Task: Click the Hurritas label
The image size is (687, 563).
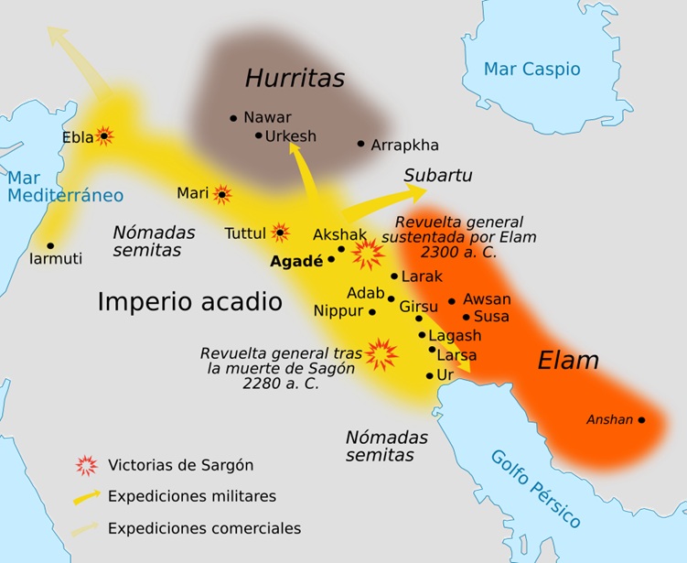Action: coord(295,79)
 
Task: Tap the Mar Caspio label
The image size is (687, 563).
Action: coord(531,69)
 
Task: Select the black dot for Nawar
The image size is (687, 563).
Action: coord(234,118)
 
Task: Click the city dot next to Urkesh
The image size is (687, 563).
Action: coord(258,135)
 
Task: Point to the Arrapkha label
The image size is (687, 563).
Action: coord(404,145)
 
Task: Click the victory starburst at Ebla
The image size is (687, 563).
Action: coord(104,136)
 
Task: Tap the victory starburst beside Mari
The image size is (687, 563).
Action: coord(221,194)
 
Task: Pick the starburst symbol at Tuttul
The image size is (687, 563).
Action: coord(280,233)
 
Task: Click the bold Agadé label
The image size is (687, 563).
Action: coord(296,260)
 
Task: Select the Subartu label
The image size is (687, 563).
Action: coord(438,175)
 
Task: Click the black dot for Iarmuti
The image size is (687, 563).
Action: coord(50,245)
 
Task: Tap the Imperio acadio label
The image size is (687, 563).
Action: coord(189,302)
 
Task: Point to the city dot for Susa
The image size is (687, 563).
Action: coord(466,317)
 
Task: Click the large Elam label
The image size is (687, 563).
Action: coord(568,360)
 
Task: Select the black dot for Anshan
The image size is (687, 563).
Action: coord(641,420)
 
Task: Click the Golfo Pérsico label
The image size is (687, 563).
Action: coord(535,488)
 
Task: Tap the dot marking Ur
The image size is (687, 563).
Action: coord(430,375)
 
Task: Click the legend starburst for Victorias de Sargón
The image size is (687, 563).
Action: coord(86,464)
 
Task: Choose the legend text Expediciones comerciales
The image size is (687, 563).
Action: coord(204,528)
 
